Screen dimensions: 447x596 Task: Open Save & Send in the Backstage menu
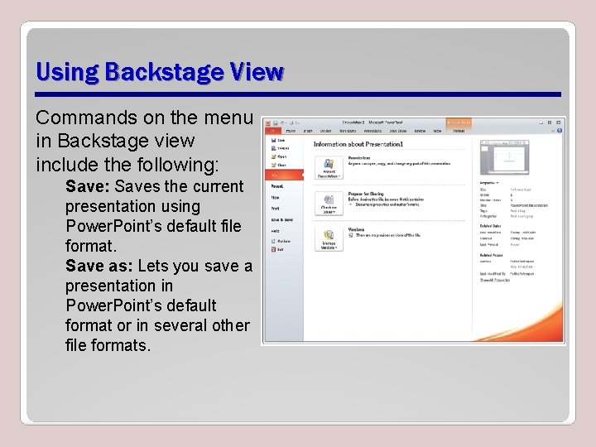(281, 219)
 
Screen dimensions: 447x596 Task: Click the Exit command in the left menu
(279, 248)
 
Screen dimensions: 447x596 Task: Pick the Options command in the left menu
(281, 241)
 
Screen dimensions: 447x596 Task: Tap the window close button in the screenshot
(560, 122)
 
